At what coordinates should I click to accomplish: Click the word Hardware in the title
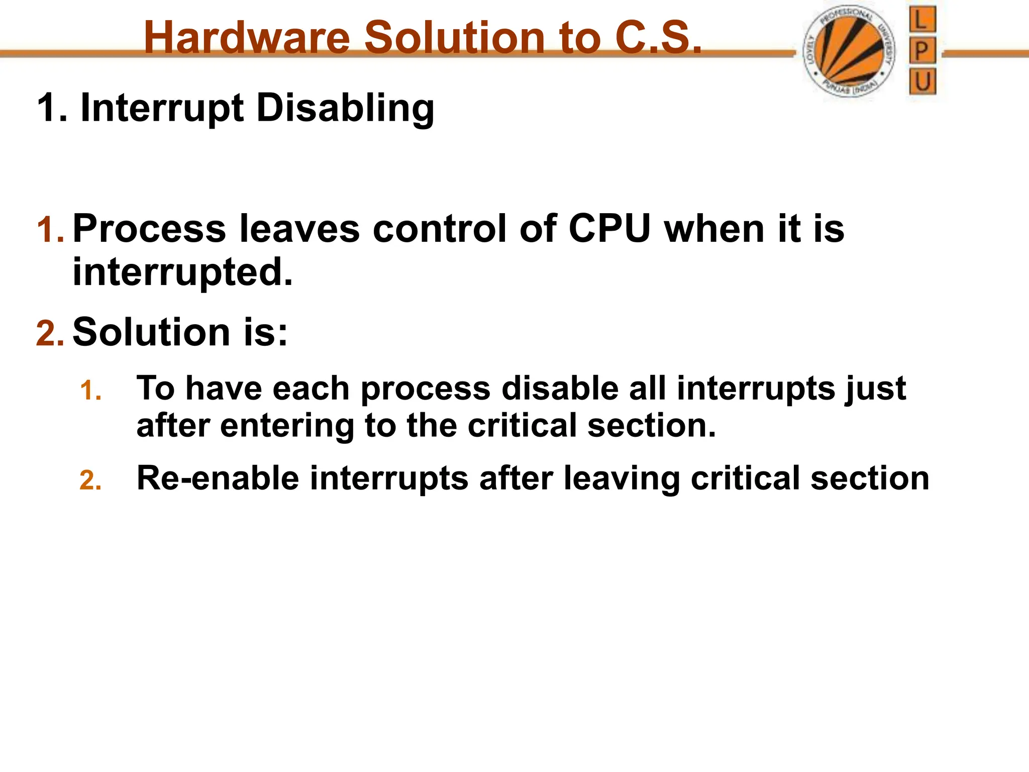[247, 38]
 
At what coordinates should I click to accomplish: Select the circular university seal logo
[849, 52]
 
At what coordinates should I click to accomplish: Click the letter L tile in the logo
[922, 20]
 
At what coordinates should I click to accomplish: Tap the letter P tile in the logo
[922, 51]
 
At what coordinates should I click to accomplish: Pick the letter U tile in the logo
[922, 81]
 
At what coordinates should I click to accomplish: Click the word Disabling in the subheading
[345, 108]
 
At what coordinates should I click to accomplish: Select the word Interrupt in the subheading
[162, 108]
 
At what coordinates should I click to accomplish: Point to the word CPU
[609, 229]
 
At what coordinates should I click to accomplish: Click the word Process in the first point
[149, 229]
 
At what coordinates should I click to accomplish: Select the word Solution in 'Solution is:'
[151, 332]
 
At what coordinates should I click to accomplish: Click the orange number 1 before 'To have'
[90, 391]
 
